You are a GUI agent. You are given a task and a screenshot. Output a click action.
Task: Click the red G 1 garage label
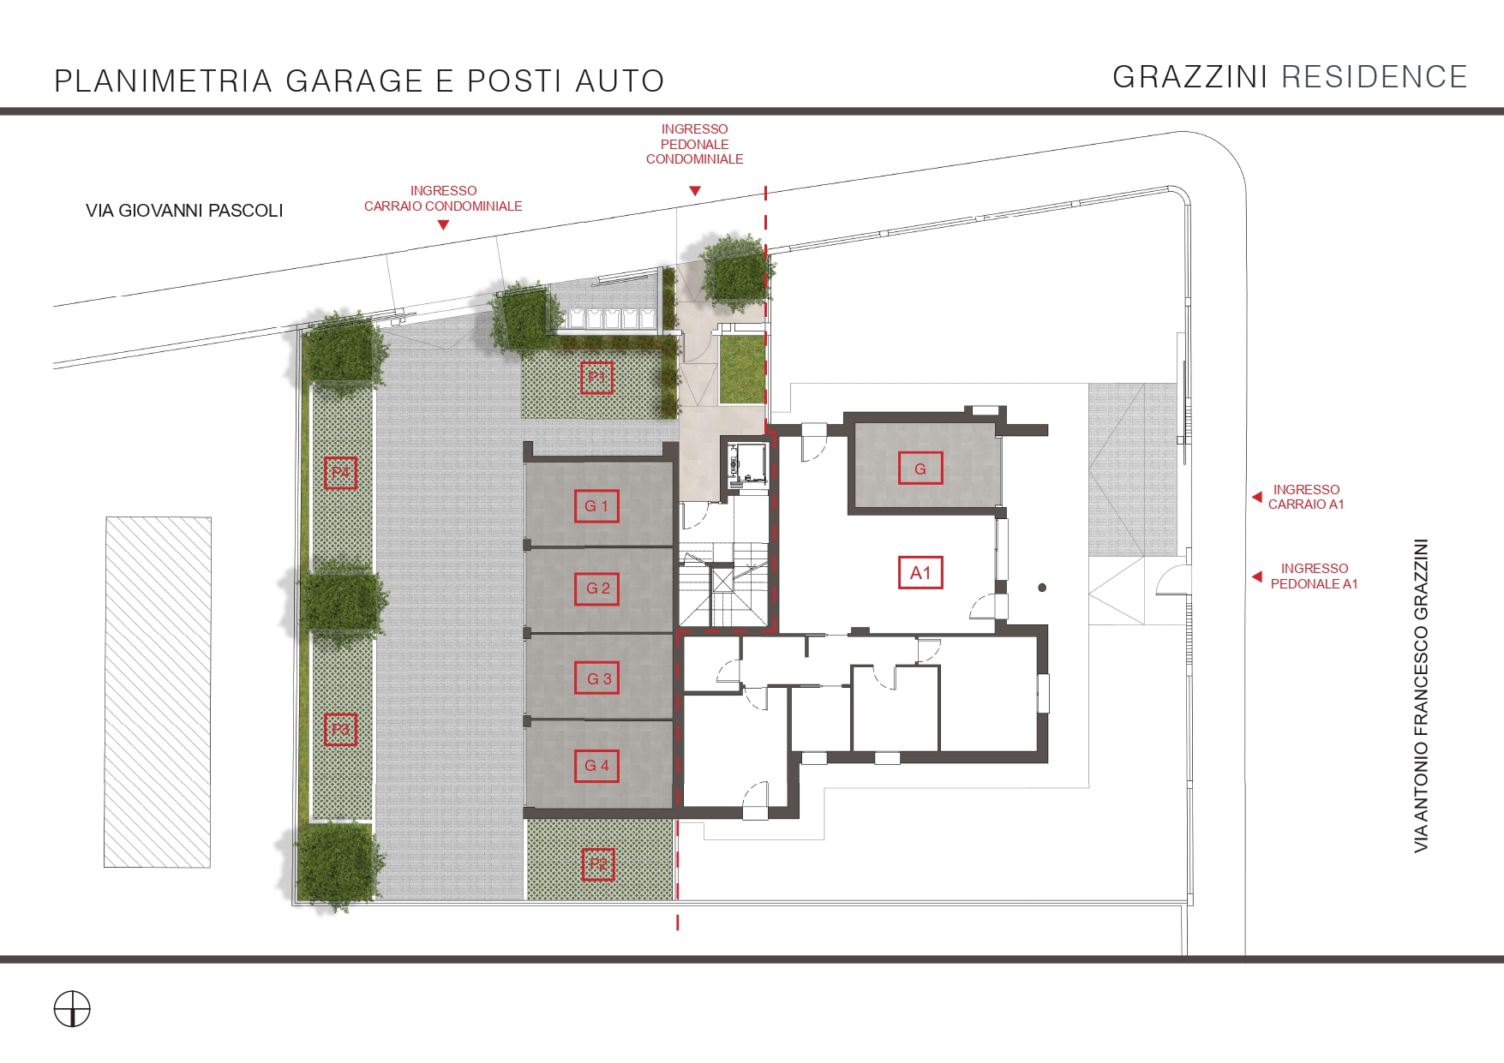[596, 506]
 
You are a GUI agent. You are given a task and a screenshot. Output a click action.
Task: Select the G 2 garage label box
[597, 588]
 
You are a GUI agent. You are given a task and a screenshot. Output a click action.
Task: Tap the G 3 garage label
[598, 678]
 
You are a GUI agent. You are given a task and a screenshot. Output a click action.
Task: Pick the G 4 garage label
[596, 766]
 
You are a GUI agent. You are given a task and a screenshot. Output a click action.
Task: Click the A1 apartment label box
[920, 573]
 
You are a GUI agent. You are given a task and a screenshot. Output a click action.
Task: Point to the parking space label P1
[596, 378]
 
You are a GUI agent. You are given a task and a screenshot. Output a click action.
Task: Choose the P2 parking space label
[598, 864]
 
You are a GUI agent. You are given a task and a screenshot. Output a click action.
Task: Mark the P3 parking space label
[340, 730]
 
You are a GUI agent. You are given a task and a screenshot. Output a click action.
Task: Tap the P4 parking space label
[340, 473]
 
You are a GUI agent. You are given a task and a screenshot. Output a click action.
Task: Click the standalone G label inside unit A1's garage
[920, 469]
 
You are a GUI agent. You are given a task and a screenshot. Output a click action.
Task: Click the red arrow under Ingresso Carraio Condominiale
[443, 225]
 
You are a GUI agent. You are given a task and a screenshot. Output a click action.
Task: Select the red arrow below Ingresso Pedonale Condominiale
[695, 191]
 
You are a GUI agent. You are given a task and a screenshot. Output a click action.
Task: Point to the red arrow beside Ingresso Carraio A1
[1256, 497]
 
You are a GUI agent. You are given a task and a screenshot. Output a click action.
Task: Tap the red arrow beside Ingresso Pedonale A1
[1256, 576]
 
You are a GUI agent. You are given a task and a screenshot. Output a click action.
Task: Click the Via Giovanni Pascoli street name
[184, 211]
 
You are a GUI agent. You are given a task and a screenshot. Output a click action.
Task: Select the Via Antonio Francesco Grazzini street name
[1421, 696]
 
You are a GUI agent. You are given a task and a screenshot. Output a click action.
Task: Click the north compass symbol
[72, 1008]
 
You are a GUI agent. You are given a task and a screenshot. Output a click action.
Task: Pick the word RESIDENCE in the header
[1375, 77]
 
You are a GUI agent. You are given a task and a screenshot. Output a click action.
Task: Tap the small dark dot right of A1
[1042, 588]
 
